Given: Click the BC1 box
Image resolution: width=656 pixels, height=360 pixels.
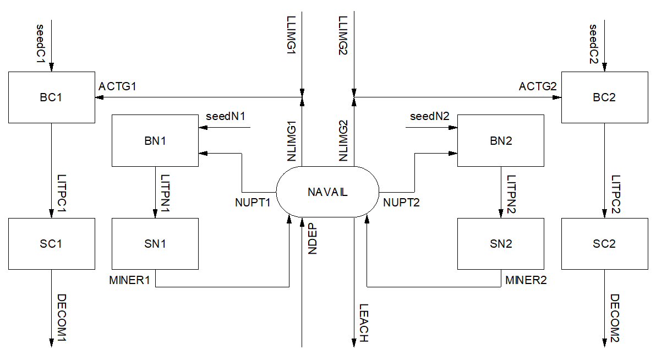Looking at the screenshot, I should tap(51, 97).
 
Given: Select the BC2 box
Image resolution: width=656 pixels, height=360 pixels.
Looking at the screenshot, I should tap(604, 97).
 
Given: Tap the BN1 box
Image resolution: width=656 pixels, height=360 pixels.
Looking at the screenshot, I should tap(155, 140).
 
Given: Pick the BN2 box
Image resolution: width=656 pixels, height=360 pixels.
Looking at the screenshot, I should tap(500, 140).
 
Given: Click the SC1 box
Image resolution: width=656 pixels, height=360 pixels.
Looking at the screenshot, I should tap(51, 243).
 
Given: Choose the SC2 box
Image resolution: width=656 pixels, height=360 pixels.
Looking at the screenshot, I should tap(604, 243).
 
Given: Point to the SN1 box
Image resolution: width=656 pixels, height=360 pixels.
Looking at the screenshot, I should tap(155, 243).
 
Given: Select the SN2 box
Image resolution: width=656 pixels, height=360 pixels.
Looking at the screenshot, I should tap(500, 243).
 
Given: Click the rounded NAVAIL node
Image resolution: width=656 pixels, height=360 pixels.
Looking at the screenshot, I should tap(327, 192).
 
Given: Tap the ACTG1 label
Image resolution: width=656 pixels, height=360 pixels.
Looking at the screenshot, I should tap(117, 87).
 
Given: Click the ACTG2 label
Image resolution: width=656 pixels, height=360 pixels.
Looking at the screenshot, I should tap(538, 87).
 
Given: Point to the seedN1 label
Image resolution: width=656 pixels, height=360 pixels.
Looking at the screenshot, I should tap(225, 117).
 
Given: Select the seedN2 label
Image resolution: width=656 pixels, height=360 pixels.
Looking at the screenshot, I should tap(430, 117).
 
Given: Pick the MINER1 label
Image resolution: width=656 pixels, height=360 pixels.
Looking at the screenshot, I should tap(130, 280).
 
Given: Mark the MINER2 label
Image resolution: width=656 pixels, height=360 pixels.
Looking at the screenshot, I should tap(526, 280).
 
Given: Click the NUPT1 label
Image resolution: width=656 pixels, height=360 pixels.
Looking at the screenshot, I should tap(253, 203).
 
